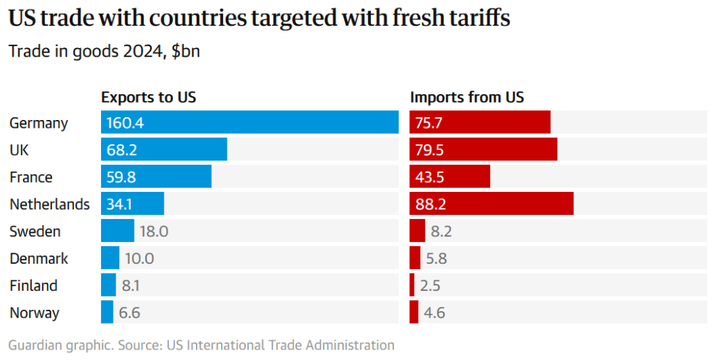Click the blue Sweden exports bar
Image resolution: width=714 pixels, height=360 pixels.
point(117,231)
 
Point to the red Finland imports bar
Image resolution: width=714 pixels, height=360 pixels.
point(412,285)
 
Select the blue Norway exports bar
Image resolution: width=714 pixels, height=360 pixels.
point(107,313)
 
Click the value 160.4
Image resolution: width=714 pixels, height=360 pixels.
point(125,123)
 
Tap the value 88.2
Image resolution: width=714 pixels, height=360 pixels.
point(430,204)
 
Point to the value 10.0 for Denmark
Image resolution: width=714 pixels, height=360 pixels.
point(139,259)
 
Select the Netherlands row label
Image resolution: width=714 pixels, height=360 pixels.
point(50,204)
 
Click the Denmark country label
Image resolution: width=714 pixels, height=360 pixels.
point(39,259)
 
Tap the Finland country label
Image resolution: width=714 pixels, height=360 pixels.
point(33,285)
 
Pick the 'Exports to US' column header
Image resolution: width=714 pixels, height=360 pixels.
point(149,98)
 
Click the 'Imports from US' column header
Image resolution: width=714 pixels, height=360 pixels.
point(467,98)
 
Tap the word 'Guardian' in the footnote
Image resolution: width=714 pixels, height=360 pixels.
point(33,345)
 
